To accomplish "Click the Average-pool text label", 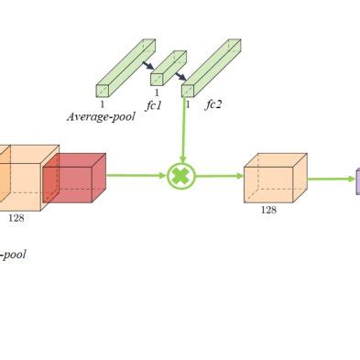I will click(x=101, y=117).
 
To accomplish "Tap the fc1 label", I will click(x=154, y=104).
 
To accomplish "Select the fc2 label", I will click(x=213, y=104).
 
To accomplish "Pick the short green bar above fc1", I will click(x=168, y=68).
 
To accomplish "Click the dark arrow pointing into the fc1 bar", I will click(x=147, y=64).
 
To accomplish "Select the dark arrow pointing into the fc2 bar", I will click(x=180, y=75).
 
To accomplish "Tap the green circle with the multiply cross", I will click(x=181, y=176).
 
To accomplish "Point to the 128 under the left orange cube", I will click(x=16, y=218).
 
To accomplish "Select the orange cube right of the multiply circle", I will click(x=274, y=178).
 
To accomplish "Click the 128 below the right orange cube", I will click(x=268, y=210).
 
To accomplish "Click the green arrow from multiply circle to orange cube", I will click(x=220, y=176).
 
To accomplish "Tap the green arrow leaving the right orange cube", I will click(x=330, y=180).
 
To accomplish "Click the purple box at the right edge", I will click(x=357, y=180).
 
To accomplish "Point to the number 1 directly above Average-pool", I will click(x=102, y=104).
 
